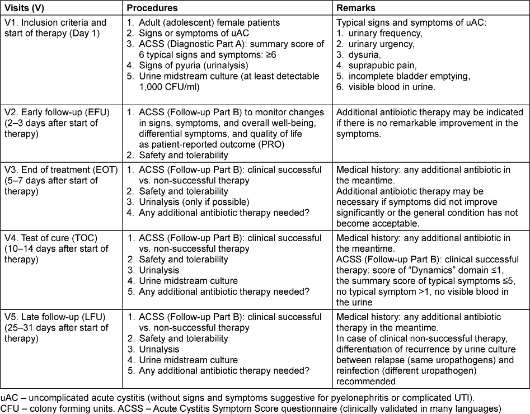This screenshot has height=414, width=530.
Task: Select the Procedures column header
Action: pos(152,8)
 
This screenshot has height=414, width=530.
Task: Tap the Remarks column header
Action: pos(355,8)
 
